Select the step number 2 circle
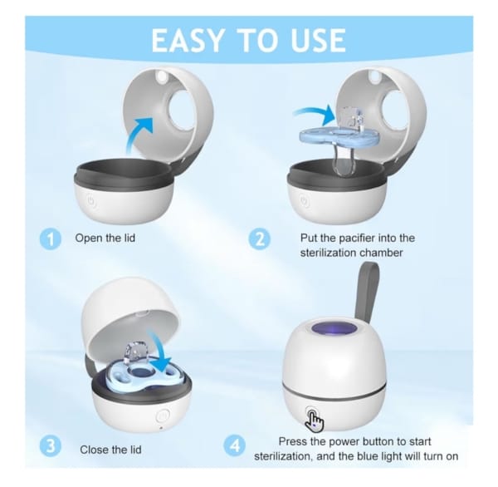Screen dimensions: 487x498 (x=260, y=239)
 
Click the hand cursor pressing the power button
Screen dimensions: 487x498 (x=315, y=418)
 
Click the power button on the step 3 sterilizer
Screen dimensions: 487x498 (x=163, y=416)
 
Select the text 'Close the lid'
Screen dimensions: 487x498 (x=111, y=450)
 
